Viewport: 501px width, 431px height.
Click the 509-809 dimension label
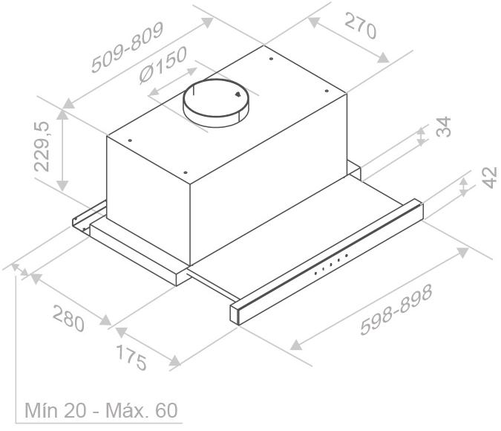click(127, 48)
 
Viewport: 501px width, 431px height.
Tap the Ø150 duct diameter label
click(163, 65)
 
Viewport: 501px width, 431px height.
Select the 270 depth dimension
click(361, 26)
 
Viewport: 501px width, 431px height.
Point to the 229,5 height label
click(42, 146)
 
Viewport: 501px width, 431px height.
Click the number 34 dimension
click(444, 127)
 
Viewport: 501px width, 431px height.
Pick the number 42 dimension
click(490, 178)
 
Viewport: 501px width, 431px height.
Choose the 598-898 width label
click(396, 310)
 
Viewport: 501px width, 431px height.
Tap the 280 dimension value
click(68, 319)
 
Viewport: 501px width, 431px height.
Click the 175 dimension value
click(131, 357)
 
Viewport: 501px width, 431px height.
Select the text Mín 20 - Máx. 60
click(101, 410)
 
